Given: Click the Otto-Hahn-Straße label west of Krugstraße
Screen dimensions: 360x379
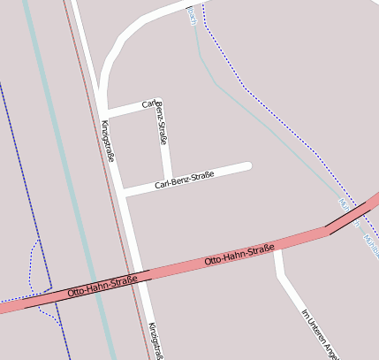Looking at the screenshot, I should [102, 286].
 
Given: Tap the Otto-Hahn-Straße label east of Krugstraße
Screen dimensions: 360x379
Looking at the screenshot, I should [239, 256].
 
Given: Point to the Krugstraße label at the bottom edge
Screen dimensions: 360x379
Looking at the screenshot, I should [156, 341].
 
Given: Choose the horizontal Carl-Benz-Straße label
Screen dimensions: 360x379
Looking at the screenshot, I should [184, 180].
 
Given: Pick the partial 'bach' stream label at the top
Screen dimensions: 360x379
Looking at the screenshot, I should [192, 15].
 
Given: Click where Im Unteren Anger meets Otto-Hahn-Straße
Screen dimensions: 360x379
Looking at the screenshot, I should [277, 249].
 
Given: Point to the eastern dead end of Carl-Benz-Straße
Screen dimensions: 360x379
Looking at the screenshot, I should [249, 165].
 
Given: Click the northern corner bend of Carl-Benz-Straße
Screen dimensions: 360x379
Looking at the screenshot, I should [157, 103].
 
